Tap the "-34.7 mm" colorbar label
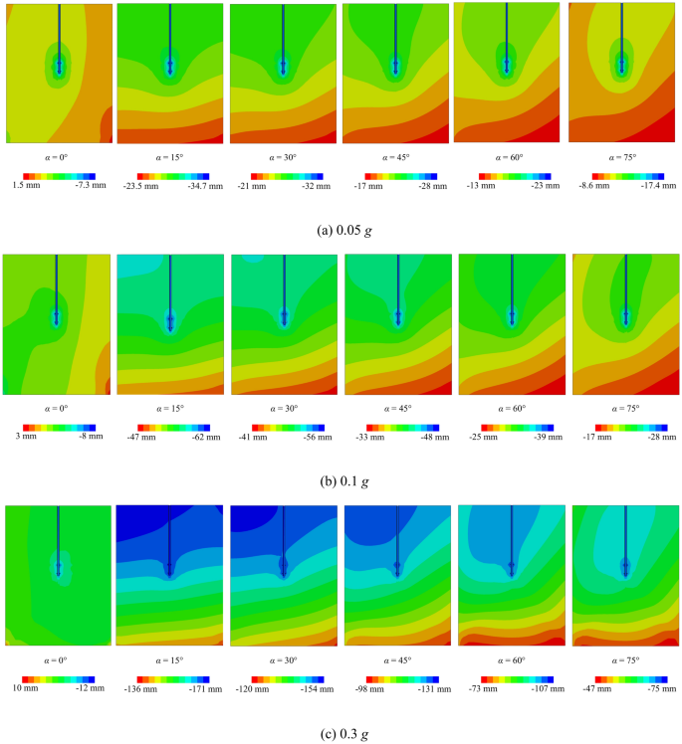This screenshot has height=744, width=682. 192,186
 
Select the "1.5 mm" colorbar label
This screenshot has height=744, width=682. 24,186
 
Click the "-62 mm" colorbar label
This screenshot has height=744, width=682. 190,436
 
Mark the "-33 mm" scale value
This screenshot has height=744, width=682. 367,436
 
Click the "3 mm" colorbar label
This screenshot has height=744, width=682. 24,436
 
